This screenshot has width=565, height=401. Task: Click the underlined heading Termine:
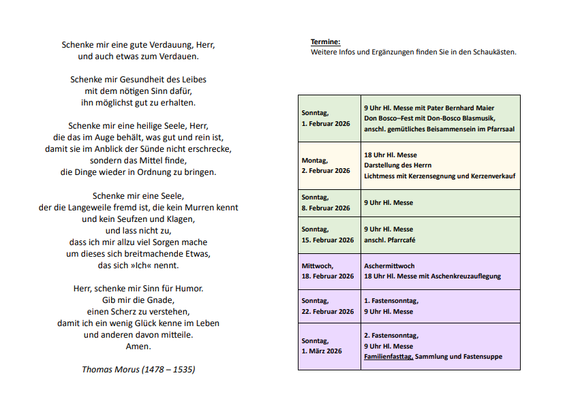[325, 42]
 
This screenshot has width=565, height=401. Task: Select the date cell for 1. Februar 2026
[329, 119]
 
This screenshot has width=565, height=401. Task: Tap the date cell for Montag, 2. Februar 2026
[329, 165]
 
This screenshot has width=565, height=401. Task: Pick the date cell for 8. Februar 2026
[329, 203]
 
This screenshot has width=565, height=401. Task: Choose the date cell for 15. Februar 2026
[329, 234]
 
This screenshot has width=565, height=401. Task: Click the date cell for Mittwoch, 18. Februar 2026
[329, 271]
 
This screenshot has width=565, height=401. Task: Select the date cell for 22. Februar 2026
[329, 306]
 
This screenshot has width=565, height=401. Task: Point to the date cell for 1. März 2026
[329, 346]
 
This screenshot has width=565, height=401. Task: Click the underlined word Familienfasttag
[388, 357]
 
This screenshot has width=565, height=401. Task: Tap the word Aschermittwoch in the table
[389, 266]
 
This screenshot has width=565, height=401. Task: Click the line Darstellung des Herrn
[398, 165]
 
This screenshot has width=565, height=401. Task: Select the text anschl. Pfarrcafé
[391, 240]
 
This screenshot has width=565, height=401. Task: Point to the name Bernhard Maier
[472, 108]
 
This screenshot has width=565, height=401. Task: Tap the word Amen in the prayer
[138, 346]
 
